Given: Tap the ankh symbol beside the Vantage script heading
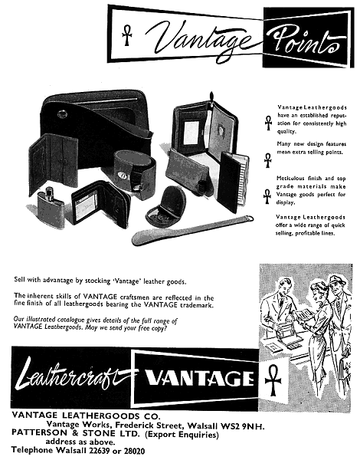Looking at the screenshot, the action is coord(126,35).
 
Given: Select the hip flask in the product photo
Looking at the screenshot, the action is coord(51,203).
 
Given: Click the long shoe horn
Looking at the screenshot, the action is coord(192,230).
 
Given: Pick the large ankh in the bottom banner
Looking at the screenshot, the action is coord(273,380).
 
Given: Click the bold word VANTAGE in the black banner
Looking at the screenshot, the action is coord(199,378).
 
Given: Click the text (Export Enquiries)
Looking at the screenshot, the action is coord(182,434).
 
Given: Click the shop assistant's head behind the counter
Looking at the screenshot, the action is coord(284,287).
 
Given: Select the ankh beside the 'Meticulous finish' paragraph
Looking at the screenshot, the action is coord(267,196).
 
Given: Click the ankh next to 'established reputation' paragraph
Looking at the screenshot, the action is coord(268,123).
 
